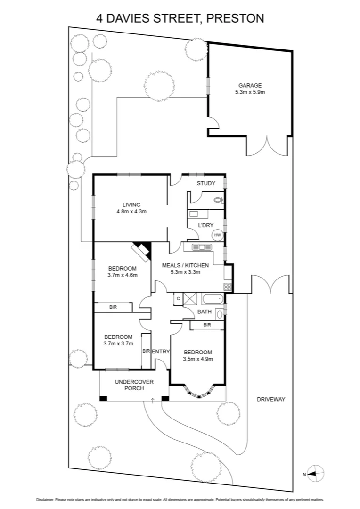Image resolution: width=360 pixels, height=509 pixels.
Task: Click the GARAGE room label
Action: pyautogui.click(x=250, y=85)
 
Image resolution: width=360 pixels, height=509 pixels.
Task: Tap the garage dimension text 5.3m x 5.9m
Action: pyautogui.click(x=250, y=92)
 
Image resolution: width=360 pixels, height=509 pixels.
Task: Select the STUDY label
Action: pyautogui.click(x=206, y=183)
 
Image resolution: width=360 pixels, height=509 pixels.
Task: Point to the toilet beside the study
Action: pyautogui.click(x=218, y=200)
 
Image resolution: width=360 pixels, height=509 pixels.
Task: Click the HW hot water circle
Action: pyautogui.click(x=217, y=235)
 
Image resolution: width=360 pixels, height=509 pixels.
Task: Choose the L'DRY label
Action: pyautogui.click(x=205, y=226)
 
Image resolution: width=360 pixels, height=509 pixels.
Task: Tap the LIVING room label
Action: pyautogui.click(x=131, y=205)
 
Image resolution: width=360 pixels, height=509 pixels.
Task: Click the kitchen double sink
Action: pyautogui.click(x=201, y=247)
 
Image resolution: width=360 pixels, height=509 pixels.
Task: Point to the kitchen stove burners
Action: pyautogui.click(x=228, y=286)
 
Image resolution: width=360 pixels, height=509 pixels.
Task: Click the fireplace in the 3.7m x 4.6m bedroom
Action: pyautogui.click(x=141, y=250)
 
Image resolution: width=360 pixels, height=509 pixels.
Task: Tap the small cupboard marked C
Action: pyautogui.click(x=178, y=298)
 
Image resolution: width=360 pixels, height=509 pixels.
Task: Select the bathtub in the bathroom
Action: pyautogui.click(x=213, y=298)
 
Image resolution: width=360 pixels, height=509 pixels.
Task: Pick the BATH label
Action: pyautogui.click(x=204, y=312)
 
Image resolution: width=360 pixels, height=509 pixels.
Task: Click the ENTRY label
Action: pyautogui.click(x=161, y=351)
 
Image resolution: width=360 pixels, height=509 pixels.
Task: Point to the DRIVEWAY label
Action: pyautogui.click(x=271, y=399)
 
